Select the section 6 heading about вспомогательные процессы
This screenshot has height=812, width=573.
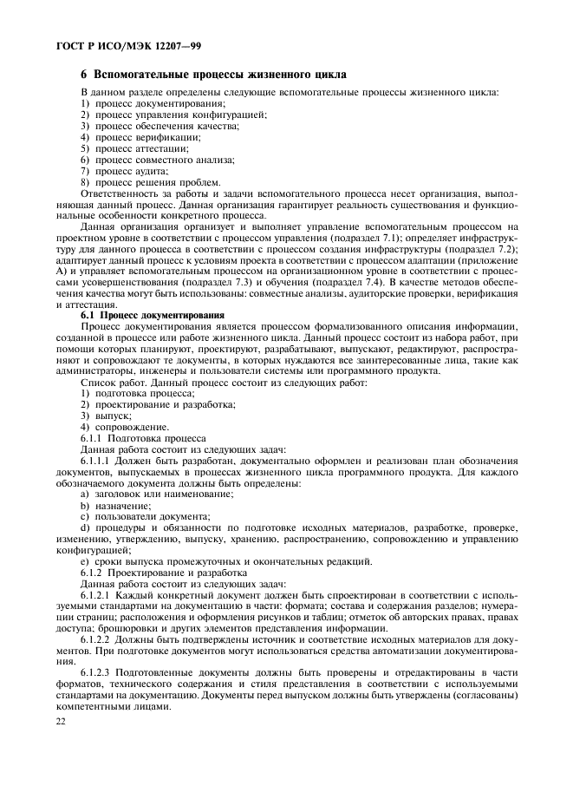pyautogui.click(x=213, y=75)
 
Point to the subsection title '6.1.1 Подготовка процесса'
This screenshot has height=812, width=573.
pyautogui.click(x=143, y=438)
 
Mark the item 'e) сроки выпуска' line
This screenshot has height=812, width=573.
pyautogui.click(x=226, y=561)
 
